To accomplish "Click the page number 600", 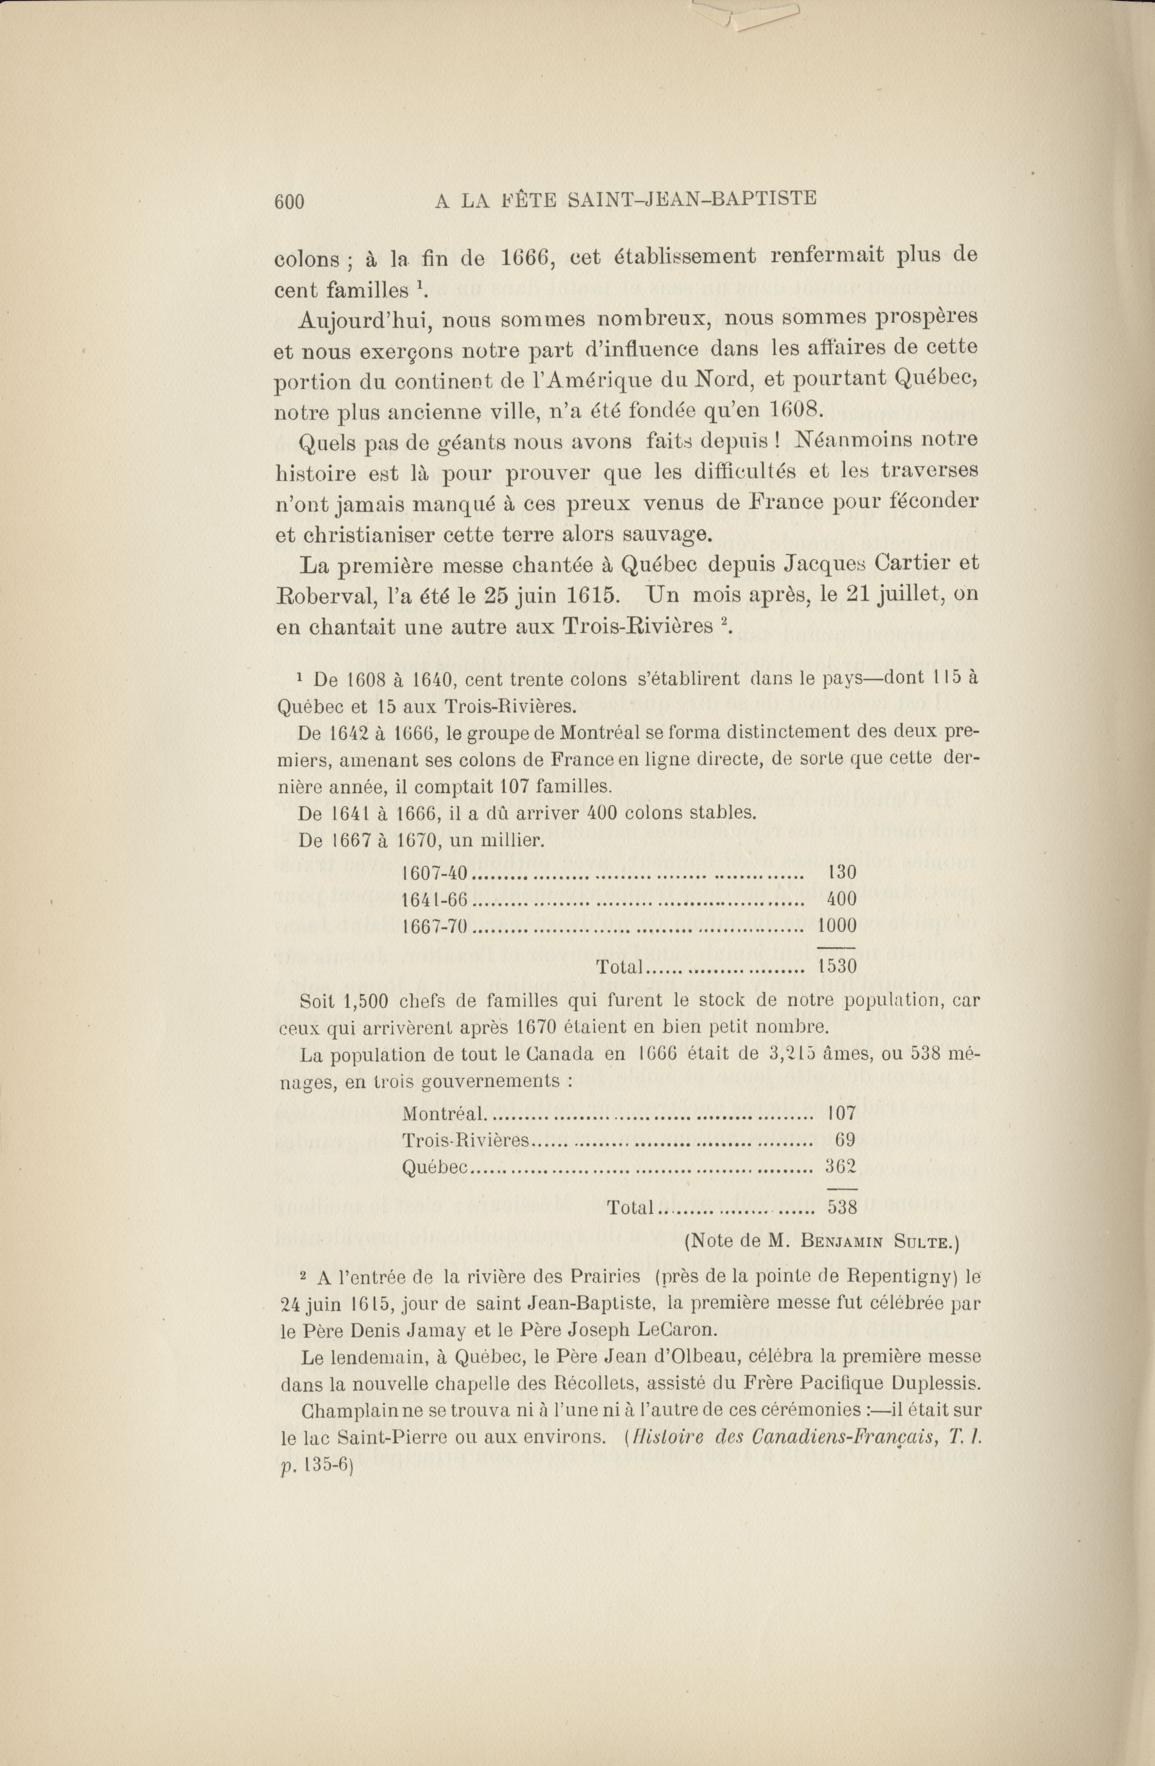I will click(x=289, y=202).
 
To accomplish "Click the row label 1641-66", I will click(x=435, y=899).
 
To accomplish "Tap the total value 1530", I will click(x=837, y=967).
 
